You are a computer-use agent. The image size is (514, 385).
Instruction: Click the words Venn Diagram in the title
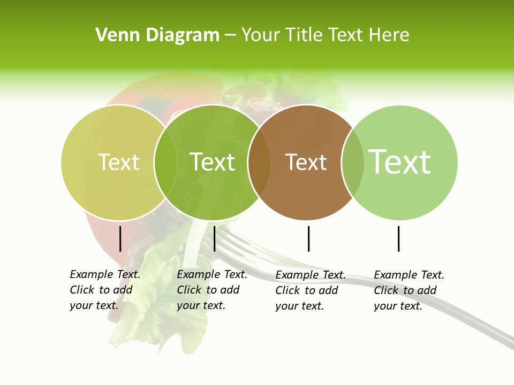click(157, 35)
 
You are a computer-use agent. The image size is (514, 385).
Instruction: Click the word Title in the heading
click(305, 35)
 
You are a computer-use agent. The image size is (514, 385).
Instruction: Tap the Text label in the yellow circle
click(118, 162)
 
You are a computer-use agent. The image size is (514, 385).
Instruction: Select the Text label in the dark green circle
click(212, 162)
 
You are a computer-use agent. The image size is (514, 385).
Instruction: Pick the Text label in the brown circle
click(306, 163)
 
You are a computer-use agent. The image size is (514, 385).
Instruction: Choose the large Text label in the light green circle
click(399, 161)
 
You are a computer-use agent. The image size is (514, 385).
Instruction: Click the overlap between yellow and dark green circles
click(165, 162)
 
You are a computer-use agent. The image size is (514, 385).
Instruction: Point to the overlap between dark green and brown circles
click(259, 162)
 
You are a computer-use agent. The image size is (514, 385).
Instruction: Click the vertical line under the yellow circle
click(120, 238)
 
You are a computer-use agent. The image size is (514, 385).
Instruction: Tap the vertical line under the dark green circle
click(214, 238)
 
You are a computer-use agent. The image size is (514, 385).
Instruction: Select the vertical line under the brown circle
click(308, 238)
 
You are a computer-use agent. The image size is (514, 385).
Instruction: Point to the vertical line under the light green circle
click(398, 238)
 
